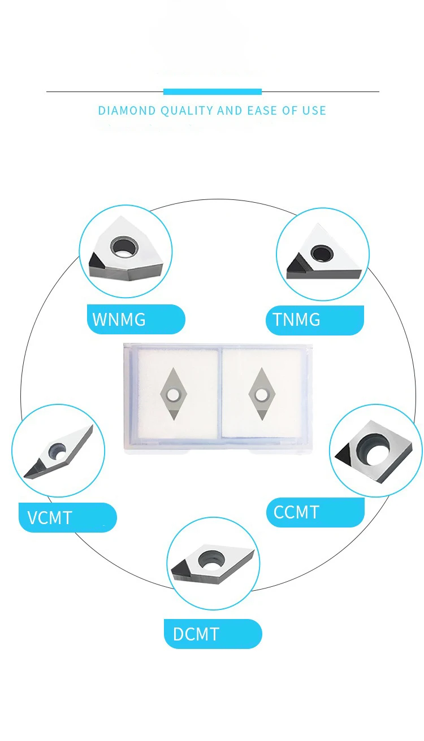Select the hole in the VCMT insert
click(x=57, y=450)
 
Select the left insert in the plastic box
click(x=172, y=394)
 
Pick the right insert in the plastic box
click(x=261, y=394)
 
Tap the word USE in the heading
click(x=314, y=110)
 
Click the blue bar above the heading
click(x=213, y=91)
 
